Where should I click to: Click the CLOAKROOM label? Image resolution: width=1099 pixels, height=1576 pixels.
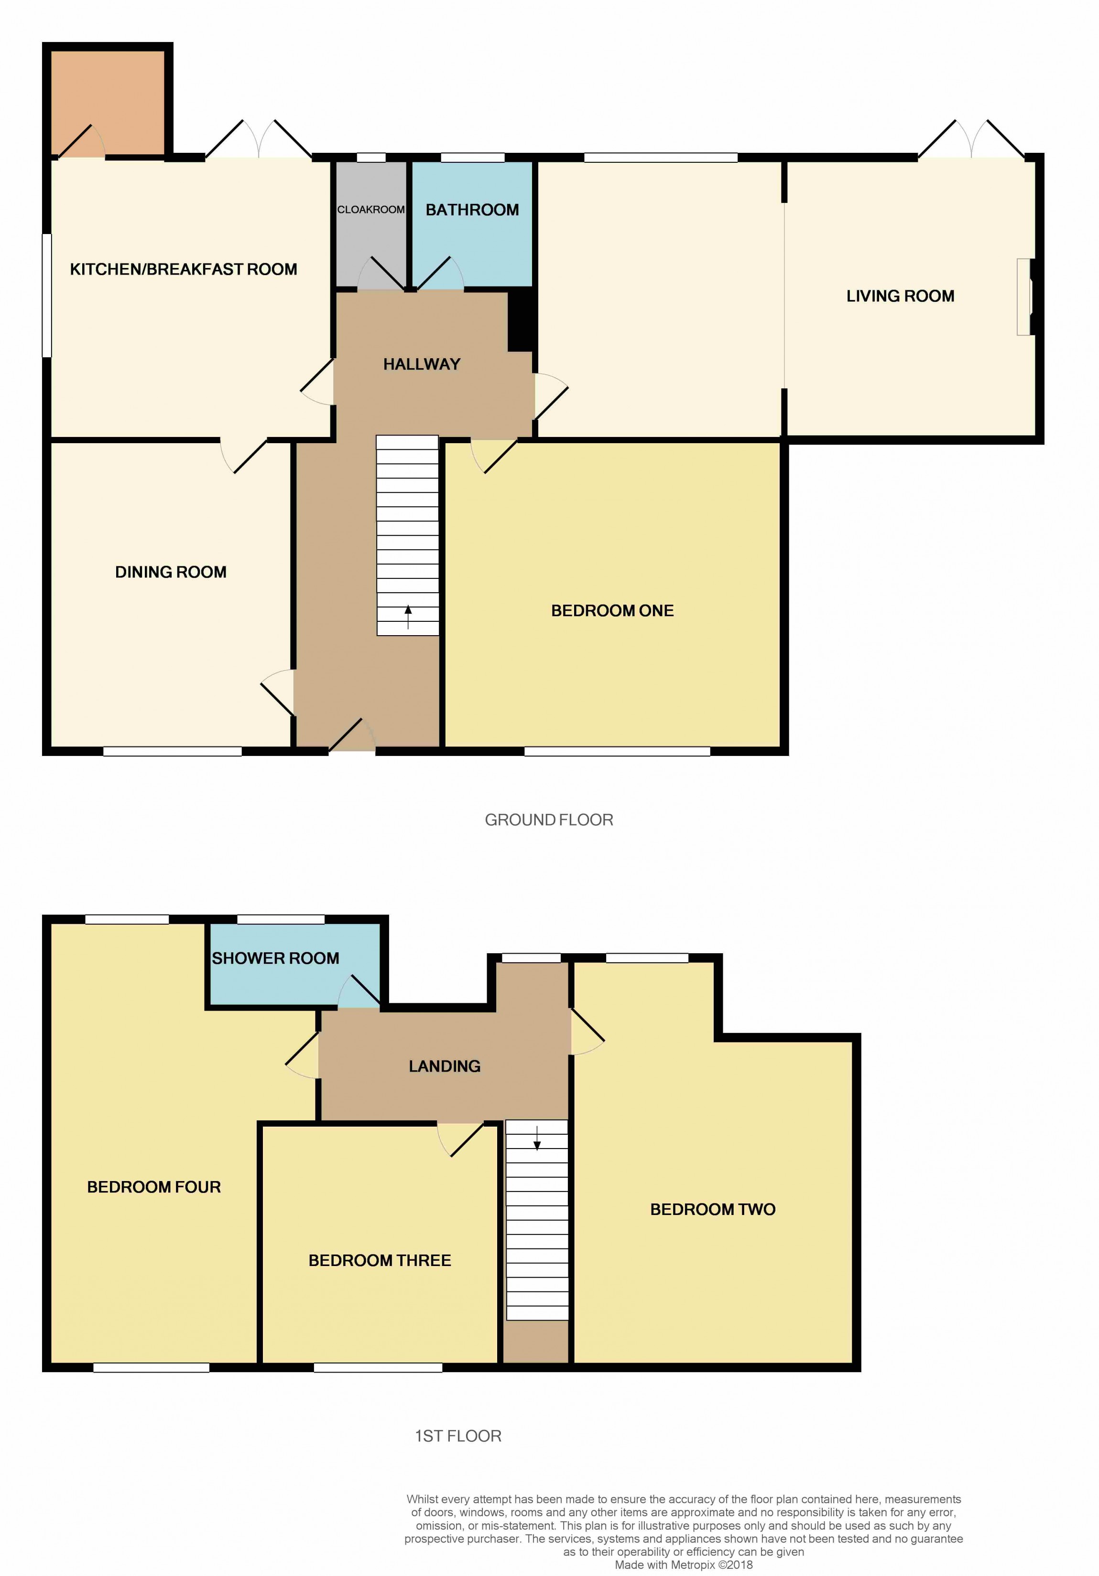(x=371, y=209)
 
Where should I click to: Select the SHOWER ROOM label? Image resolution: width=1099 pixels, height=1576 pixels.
(x=275, y=958)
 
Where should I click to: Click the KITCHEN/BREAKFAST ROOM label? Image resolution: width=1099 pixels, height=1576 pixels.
(x=184, y=269)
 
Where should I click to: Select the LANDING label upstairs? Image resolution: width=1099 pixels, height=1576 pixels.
(x=445, y=1066)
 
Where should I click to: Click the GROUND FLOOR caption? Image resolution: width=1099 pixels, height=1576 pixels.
(x=549, y=820)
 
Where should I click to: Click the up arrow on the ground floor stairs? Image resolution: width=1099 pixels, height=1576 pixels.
(x=408, y=617)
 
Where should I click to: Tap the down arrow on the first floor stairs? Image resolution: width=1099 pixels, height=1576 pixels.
(x=537, y=1138)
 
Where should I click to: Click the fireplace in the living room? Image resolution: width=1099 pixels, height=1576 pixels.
(x=1025, y=297)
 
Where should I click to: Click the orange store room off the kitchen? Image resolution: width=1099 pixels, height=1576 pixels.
(x=108, y=103)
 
